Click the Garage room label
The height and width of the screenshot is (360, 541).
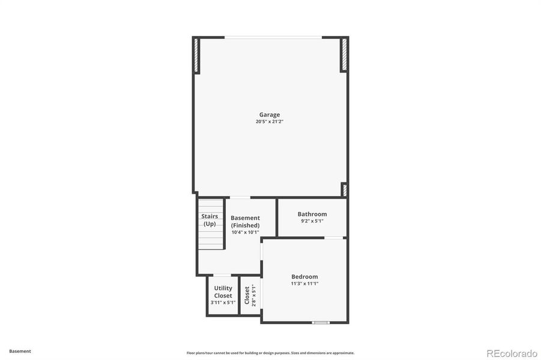click(x=269, y=115)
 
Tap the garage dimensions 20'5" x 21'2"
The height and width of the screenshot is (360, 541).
click(x=269, y=122)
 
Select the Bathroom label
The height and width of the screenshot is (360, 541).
click(x=312, y=214)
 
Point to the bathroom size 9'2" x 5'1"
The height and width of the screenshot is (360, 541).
click(x=312, y=221)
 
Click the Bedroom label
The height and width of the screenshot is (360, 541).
click(x=304, y=277)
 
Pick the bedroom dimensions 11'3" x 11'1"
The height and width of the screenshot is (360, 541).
click(x=304, y=283)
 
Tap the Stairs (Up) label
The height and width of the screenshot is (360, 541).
click(x=210, y=220)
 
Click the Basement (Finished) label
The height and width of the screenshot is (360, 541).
click(x=245, y=221)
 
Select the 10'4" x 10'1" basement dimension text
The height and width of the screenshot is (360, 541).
click(x=245, y=232)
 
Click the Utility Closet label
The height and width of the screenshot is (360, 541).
click(x=223, y=292)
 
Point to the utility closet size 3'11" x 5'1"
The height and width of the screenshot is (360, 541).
click(x=223, y=302)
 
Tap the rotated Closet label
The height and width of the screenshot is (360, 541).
click(x=247, y=295)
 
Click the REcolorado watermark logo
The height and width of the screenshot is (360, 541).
click(x=512, y=352)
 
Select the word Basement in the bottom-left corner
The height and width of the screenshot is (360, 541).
click(x=20, y=351)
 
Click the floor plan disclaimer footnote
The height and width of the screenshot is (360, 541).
click(x=270, y=353)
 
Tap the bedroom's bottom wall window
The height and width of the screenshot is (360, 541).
click(x=321, y=323)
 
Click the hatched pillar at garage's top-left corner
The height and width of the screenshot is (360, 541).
click(x=196, y=55)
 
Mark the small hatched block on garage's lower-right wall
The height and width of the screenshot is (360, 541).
click(x=345, y=190)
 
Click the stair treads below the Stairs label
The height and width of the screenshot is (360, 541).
click(x=210, y=240)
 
